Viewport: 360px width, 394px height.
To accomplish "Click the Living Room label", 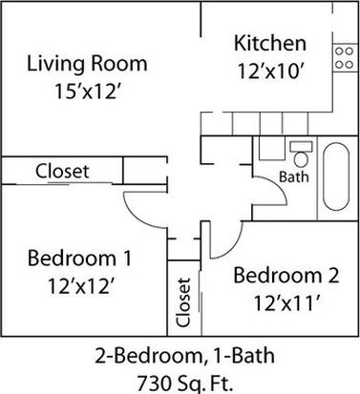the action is pos(87,63).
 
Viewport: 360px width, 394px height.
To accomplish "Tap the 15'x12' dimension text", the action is pos(89,92).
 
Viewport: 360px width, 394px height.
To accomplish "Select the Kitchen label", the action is pos(270,43).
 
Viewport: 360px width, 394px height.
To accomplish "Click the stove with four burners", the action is pos(345,58).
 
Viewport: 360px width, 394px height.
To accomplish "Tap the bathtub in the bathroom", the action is pos(336,176).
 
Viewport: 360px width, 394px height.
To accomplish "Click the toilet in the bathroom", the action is pos(301,154).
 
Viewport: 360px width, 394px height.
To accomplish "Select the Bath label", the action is pos(294,176).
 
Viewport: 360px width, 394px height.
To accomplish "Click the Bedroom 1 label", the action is pos(79,258).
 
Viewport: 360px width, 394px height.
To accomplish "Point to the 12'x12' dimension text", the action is pos(81,285).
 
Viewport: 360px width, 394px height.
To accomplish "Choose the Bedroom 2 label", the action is pos(286,275).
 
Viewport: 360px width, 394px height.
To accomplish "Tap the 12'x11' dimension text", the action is pos(286,302).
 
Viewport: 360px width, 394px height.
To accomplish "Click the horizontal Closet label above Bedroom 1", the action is pos(62,171).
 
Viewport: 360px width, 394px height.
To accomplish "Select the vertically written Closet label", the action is pos(184,302).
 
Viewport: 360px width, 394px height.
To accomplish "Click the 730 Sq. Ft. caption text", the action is pos(184,384).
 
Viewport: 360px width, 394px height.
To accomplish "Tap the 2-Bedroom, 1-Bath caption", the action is pos(184,356).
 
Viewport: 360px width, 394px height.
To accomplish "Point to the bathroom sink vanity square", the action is pos(271,148).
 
